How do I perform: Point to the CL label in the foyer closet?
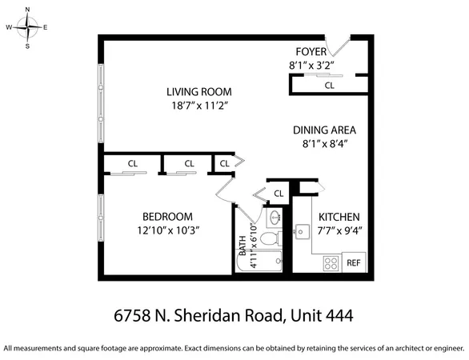coord(329,85)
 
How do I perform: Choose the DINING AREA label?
coord(324,130)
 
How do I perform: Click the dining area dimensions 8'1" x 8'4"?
coord(324,143)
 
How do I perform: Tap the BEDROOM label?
coord(167,216)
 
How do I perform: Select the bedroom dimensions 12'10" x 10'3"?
coord(167,230)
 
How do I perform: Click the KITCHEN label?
coord(339,217)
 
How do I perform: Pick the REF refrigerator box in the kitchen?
coord(354,262)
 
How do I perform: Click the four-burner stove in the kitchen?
coord(331,262)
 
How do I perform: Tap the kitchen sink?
coord(303,232)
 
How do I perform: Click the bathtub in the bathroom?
coord(262,262)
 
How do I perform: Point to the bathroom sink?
coord(275,217)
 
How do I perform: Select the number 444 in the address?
coord(336,316)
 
